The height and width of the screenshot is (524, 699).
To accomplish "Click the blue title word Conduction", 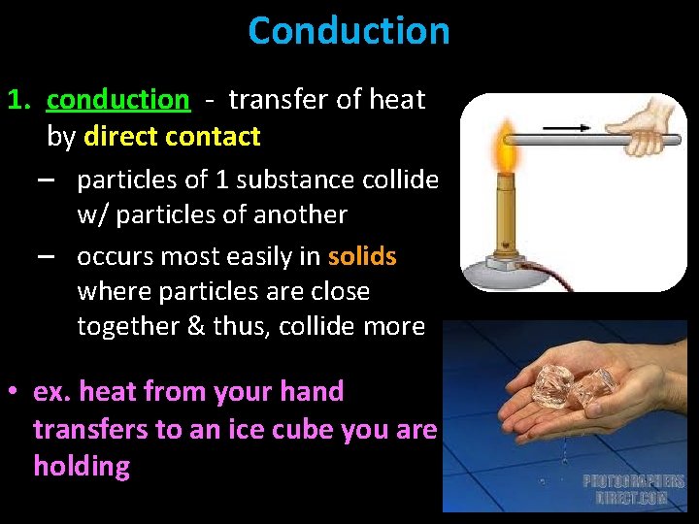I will pyautogui.click(x=349, y=31).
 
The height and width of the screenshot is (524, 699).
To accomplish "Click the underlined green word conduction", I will pyautogui.click(x=117, y=100).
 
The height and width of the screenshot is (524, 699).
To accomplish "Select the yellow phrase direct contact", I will pyautogui.click(x=172, y=137).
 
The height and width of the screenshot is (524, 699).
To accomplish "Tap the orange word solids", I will pyautogui.click(x=362, y=256).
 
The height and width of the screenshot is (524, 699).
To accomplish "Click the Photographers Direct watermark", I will pyautogui.click(x=634, y=488).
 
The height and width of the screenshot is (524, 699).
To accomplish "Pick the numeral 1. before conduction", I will pyautogui.click(x=21, y=100).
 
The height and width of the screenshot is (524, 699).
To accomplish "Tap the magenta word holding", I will pyautogui.click(x=82, y=467).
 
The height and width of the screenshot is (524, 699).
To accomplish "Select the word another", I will pyautogui.click(x=298, y=213).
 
